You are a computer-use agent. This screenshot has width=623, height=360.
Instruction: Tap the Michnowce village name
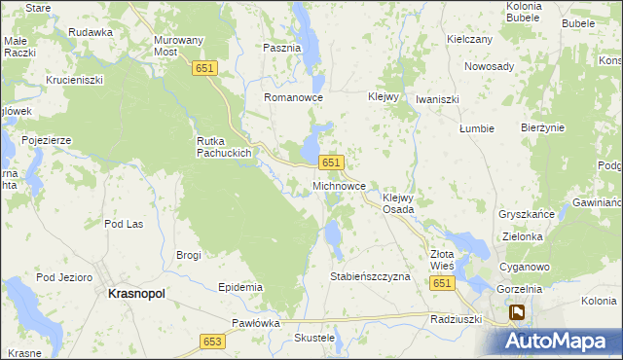coord(339,185)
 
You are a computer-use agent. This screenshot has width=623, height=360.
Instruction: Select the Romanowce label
coord(293,98)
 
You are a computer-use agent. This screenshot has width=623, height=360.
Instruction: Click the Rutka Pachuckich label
coord(225,147)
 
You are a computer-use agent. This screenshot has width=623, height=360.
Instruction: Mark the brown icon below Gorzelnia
coord(517,312)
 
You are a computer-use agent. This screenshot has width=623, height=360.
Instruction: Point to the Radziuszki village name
coord(457,318)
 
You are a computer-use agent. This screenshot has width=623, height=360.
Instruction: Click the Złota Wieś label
coord(442,260)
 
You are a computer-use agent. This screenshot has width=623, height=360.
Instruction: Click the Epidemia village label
coord(240,287)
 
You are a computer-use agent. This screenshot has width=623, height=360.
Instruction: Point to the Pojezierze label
coord(48,140)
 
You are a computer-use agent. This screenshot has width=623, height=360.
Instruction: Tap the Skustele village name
coord(314,338)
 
